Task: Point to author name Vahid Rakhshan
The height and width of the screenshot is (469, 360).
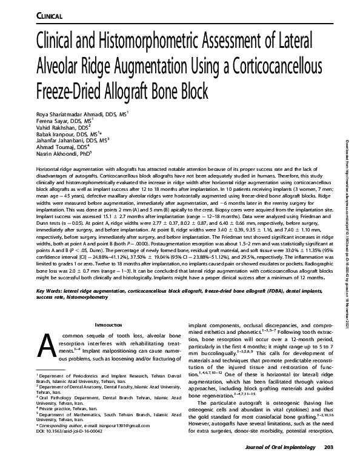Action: (x=53, y=128)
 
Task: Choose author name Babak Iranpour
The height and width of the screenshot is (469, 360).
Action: (x=53, y=135)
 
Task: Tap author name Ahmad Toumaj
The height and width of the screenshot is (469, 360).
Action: (x=50, y=150)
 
